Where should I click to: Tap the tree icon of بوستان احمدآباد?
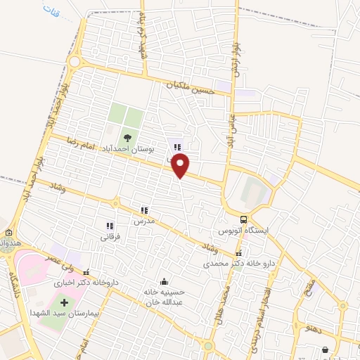pos(128,137)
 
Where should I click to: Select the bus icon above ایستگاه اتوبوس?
pos(243,219)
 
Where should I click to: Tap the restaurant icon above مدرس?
pos(144,210)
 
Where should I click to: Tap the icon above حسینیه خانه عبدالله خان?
pos(164,281)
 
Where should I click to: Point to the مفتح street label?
pos(309,285)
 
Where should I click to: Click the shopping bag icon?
pos(324,349)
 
